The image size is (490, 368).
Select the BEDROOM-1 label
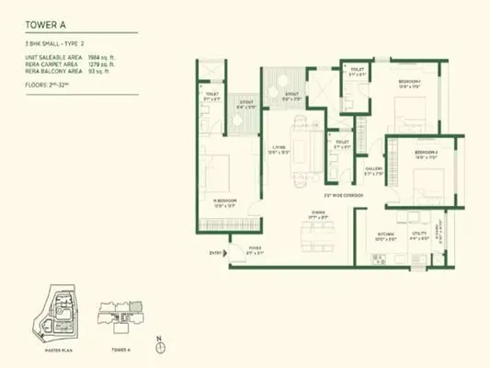410,82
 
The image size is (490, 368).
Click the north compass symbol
160,349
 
